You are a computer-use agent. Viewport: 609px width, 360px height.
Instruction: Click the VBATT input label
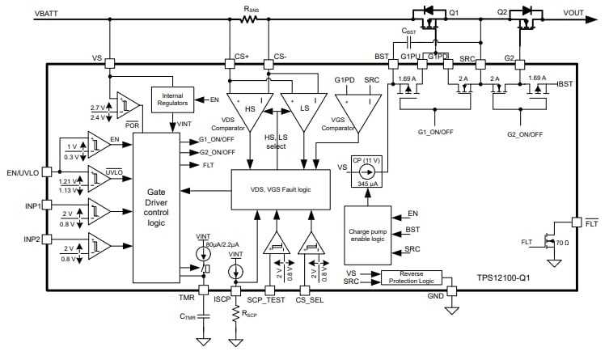(x=23, y=15)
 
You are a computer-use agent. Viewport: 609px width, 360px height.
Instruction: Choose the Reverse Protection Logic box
(x=412, y=277)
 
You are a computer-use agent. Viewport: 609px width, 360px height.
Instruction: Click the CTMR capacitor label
(x=188, y=316)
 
